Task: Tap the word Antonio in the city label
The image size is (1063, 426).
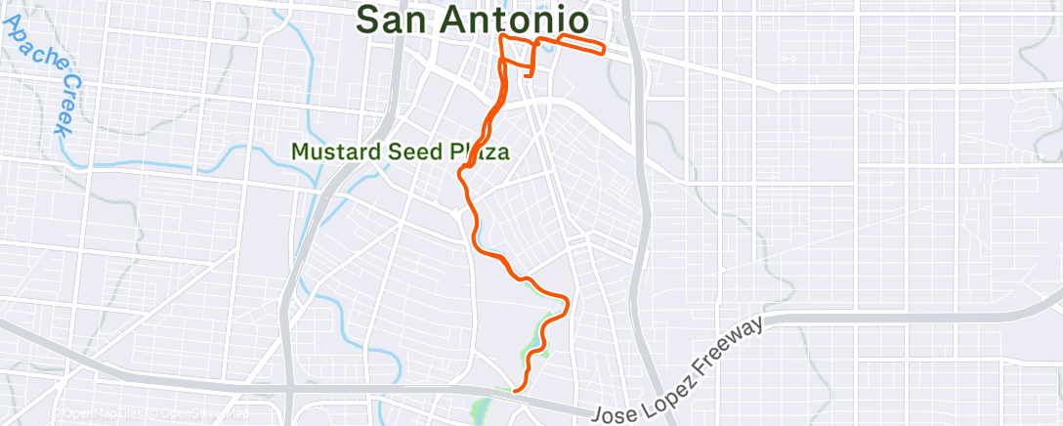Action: [x=515, y=19]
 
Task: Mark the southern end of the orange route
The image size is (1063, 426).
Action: [x=514, y=391]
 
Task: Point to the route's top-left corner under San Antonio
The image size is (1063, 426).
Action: [x=501, y=36]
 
